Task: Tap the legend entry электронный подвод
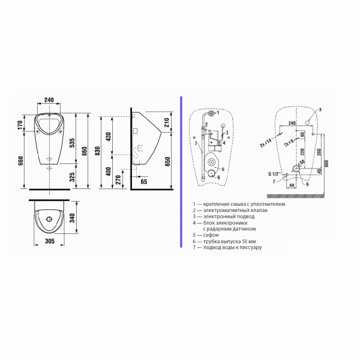coord(220,217)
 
